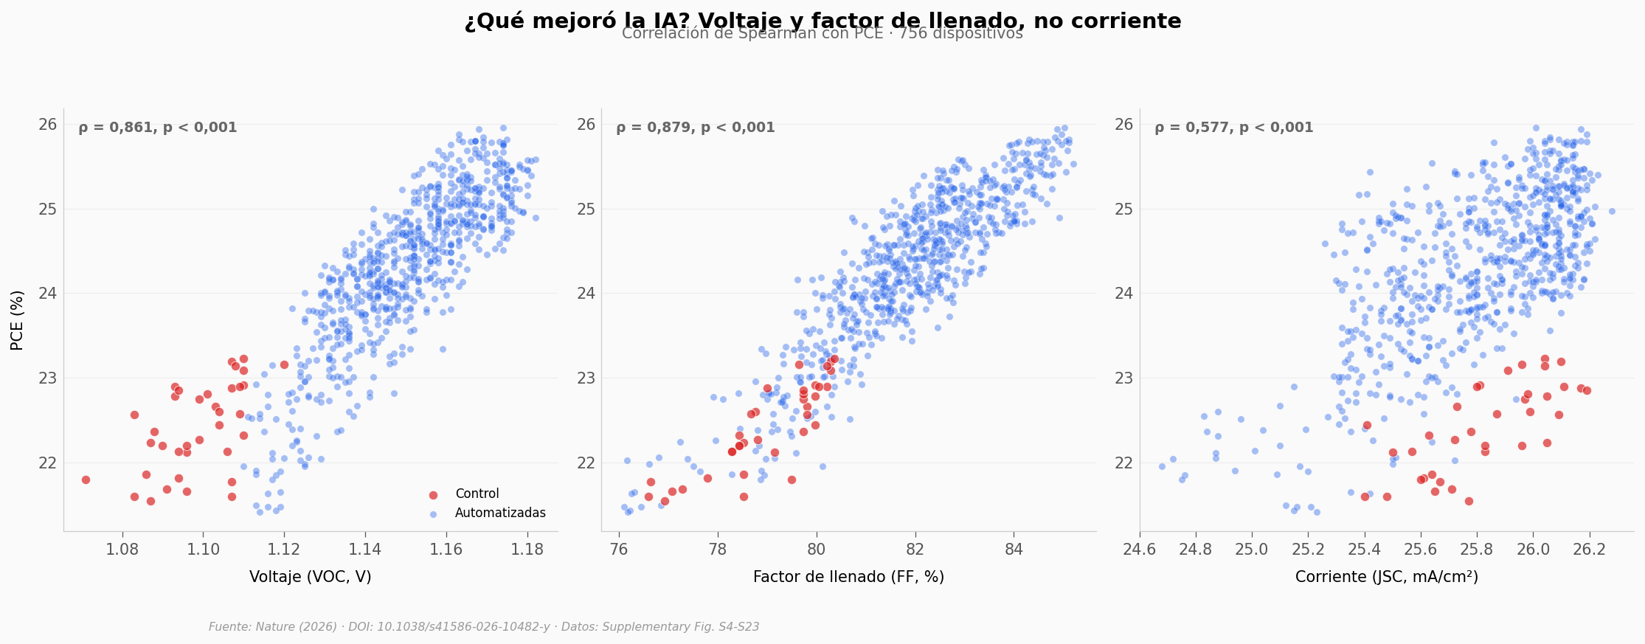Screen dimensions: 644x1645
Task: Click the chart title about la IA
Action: click(x=822, y=21)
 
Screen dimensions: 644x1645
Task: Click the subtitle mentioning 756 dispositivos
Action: click(x=822, y=34)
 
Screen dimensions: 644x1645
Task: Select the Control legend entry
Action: click(x=477, y=494)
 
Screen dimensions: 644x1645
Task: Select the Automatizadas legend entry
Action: click(x=500, y=513)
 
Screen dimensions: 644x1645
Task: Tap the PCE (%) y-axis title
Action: click(x=18, y=320)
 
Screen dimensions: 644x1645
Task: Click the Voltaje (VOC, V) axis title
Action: click(x=310, y=578)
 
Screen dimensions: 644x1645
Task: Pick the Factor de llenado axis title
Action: click(x=848, y=578)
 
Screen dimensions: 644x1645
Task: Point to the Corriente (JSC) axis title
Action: click(x=1386, y=578)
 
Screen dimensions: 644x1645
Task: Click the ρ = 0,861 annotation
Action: click(x=158, y=128)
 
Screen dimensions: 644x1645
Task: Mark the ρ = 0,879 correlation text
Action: click(x=696, y=128)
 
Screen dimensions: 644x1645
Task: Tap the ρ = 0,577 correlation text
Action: click(x=1233, y=128)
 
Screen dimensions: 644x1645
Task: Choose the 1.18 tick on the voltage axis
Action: click(x=527, y=550)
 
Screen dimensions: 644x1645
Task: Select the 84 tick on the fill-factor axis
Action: click(x=1014, y=550)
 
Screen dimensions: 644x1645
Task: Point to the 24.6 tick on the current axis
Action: click(x=1139, y=550)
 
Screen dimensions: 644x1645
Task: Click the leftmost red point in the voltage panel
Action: click(x=86, y=479)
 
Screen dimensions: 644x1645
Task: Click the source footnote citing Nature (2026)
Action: click(x=484, y=627)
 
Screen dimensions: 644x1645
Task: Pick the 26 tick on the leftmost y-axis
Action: click(x=47, y=125)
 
